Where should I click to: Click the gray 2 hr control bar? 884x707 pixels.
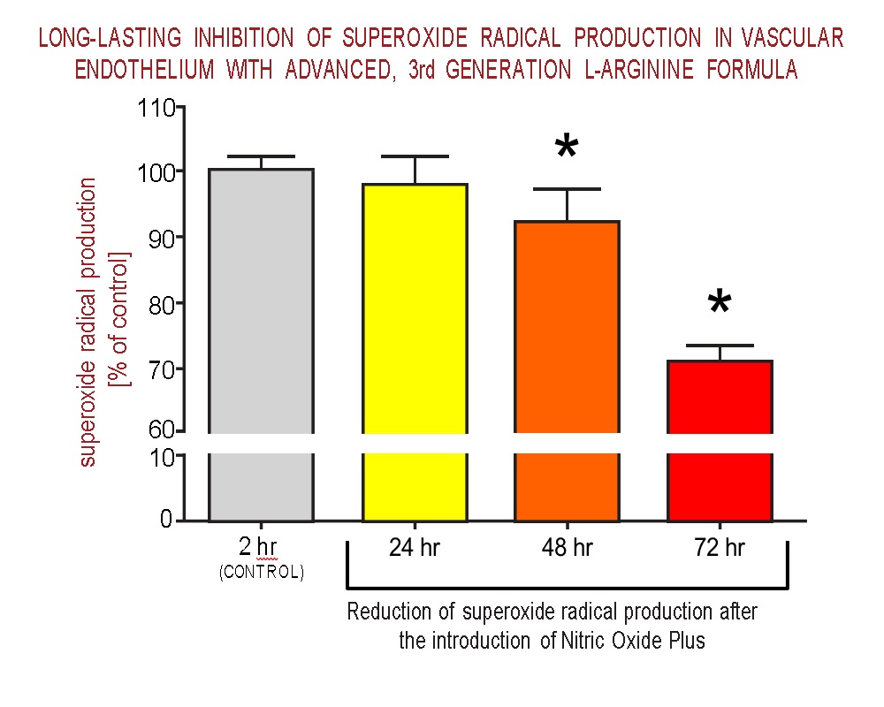tap(261, 345)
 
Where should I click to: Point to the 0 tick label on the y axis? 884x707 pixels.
tap(165, 520)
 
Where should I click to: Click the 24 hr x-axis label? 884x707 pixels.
tap(415, 549)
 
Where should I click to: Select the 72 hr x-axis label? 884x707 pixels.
tap(720, 549)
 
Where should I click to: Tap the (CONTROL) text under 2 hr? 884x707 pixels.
tap(261, 573)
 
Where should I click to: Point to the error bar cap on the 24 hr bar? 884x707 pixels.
tap(415, 156)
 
